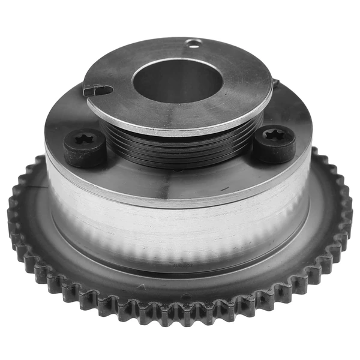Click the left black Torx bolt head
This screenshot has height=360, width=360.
click(85, 148)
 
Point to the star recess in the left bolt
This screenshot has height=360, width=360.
click(82, 141)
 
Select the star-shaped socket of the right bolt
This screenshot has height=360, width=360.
click(275, 137)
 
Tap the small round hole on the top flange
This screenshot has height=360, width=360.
click(193, 43)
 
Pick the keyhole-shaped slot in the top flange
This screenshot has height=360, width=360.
click(98, 91)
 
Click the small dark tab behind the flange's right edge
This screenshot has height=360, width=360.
click(275, 82)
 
